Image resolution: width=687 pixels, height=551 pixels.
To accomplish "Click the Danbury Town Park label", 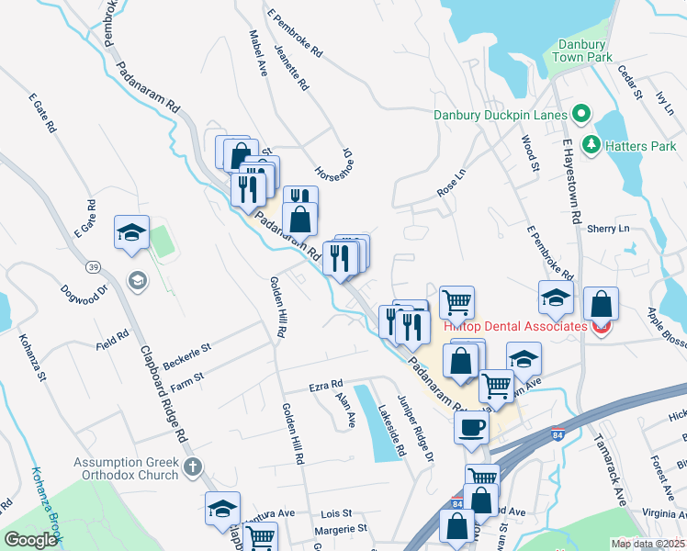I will [x=580, y=51].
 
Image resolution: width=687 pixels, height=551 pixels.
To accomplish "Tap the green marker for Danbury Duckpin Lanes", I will [x=580, y=115].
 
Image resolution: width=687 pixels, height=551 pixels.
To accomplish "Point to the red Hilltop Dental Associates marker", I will [x=602, y=326].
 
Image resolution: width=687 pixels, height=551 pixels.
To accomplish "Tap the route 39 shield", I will [x=94, y=266].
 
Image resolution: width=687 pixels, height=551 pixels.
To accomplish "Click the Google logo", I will [x=29, y=540].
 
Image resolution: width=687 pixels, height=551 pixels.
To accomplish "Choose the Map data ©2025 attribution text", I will [x=648, y=544].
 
